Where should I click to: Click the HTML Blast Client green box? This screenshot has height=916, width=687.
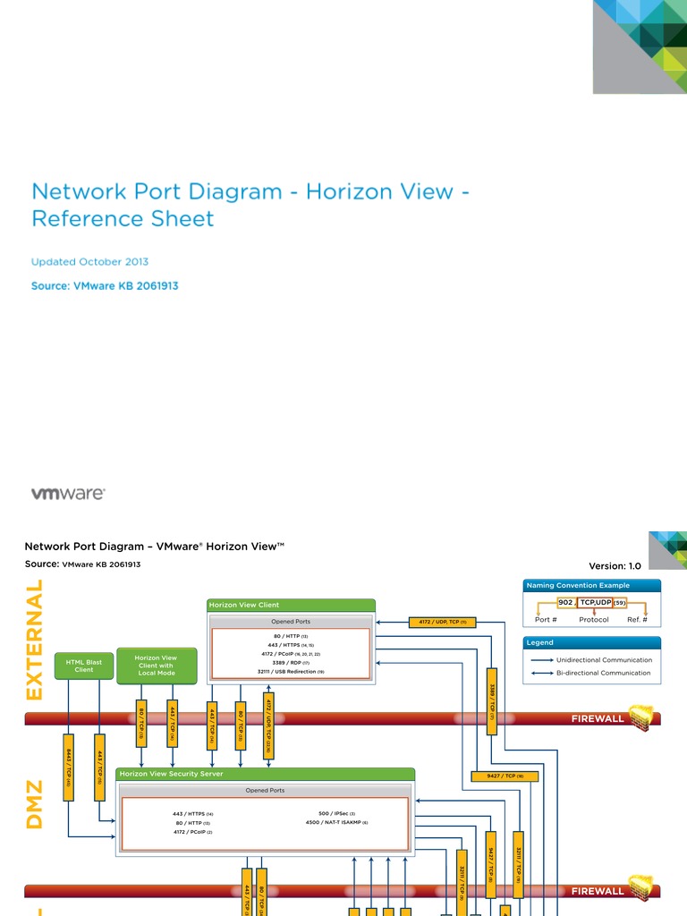(x=84, y=666)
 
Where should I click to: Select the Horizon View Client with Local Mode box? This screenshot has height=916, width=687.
(x=156, y=666)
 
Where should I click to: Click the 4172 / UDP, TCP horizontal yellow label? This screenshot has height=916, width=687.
(x=444, y=622)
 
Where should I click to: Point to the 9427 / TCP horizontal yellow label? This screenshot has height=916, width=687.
(x=505, y=776)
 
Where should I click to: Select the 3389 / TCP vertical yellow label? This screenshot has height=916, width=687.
(x=492, y=700)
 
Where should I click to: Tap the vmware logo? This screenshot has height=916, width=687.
(x=68, y=493)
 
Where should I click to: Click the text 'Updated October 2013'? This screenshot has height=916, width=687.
(x=89, y=262)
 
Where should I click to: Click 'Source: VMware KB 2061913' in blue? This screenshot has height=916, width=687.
(x=111, y=286)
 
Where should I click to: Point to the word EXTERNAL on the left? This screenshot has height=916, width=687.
(x=34, y=640)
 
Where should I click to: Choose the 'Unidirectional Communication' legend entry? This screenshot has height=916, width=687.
(x=604, y=660)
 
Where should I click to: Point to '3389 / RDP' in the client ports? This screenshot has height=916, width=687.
(x=290, y=663)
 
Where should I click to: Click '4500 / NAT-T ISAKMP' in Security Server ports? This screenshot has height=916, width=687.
(x=336, y=822)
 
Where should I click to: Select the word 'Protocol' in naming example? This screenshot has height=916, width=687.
(x=594, y=619)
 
